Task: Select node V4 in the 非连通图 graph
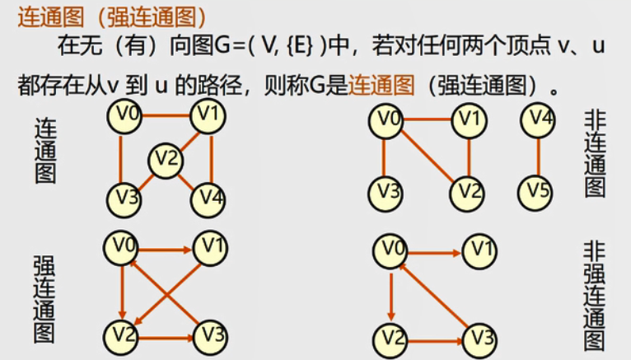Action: (537, 121)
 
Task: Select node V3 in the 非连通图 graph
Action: (385, 193)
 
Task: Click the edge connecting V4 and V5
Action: (537, 157)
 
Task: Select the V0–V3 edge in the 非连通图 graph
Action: (384, 157)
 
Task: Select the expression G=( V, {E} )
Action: (269, 44)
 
